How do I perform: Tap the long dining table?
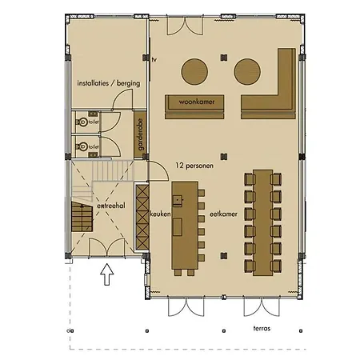pos(262,220)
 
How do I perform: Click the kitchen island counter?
pos(185,226)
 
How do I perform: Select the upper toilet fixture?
pos(82,123)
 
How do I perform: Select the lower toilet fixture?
pos(82,146)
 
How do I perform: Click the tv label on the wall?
pos(154,59)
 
